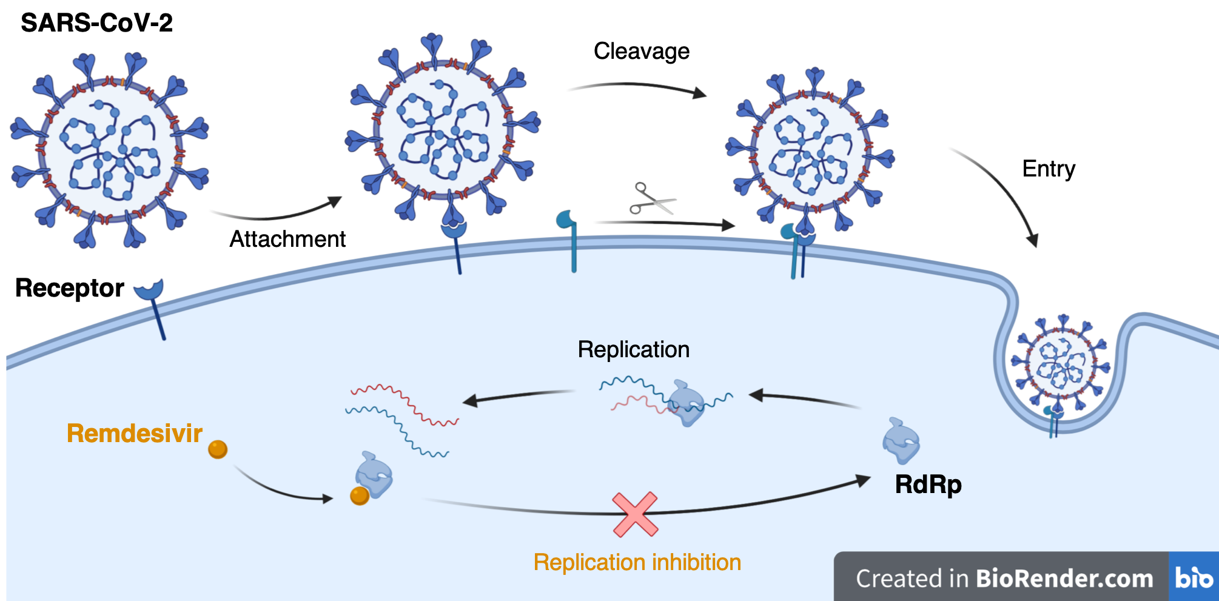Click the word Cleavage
tap(641, 52)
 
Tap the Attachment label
tap(287, 239)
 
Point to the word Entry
tap(1049, 169)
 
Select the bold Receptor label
tap(70, 288)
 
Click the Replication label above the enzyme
tap(633, 350)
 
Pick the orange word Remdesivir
tap(134, 434)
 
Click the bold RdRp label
tap(928, 485)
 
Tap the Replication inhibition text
tap(637, 562)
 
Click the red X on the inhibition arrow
tap(635, 514)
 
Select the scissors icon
tap(651, 199)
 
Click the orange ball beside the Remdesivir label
tap(218, 449)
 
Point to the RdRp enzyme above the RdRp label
tap(901, 441)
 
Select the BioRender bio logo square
tap(1193, 577)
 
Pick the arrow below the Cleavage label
tap(637, 87)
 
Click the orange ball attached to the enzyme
tap(360, 495)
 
